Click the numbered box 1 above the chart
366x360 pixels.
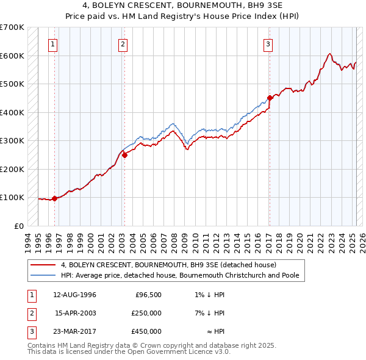point(54,44)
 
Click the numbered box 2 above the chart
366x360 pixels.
point(123,44)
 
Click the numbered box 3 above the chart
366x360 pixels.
point(268,44)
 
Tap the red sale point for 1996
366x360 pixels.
point(54,198)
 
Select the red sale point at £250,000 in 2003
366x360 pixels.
point(124,155)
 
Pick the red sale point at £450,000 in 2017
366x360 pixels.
point(270,98)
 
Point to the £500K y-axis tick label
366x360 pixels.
point(12,84)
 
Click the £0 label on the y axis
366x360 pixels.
point(18,226)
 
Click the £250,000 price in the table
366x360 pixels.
point(146,314)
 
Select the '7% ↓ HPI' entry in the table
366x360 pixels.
point(210,314)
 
